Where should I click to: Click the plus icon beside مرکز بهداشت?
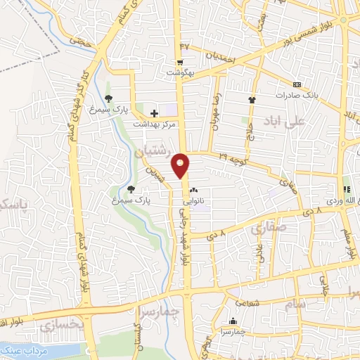coord(154,113)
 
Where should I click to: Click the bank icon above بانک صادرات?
coord(296,84)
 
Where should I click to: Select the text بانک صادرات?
coord(297,95)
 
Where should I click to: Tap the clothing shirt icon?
coord(252,99)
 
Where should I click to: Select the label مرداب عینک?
coord(27,349)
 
